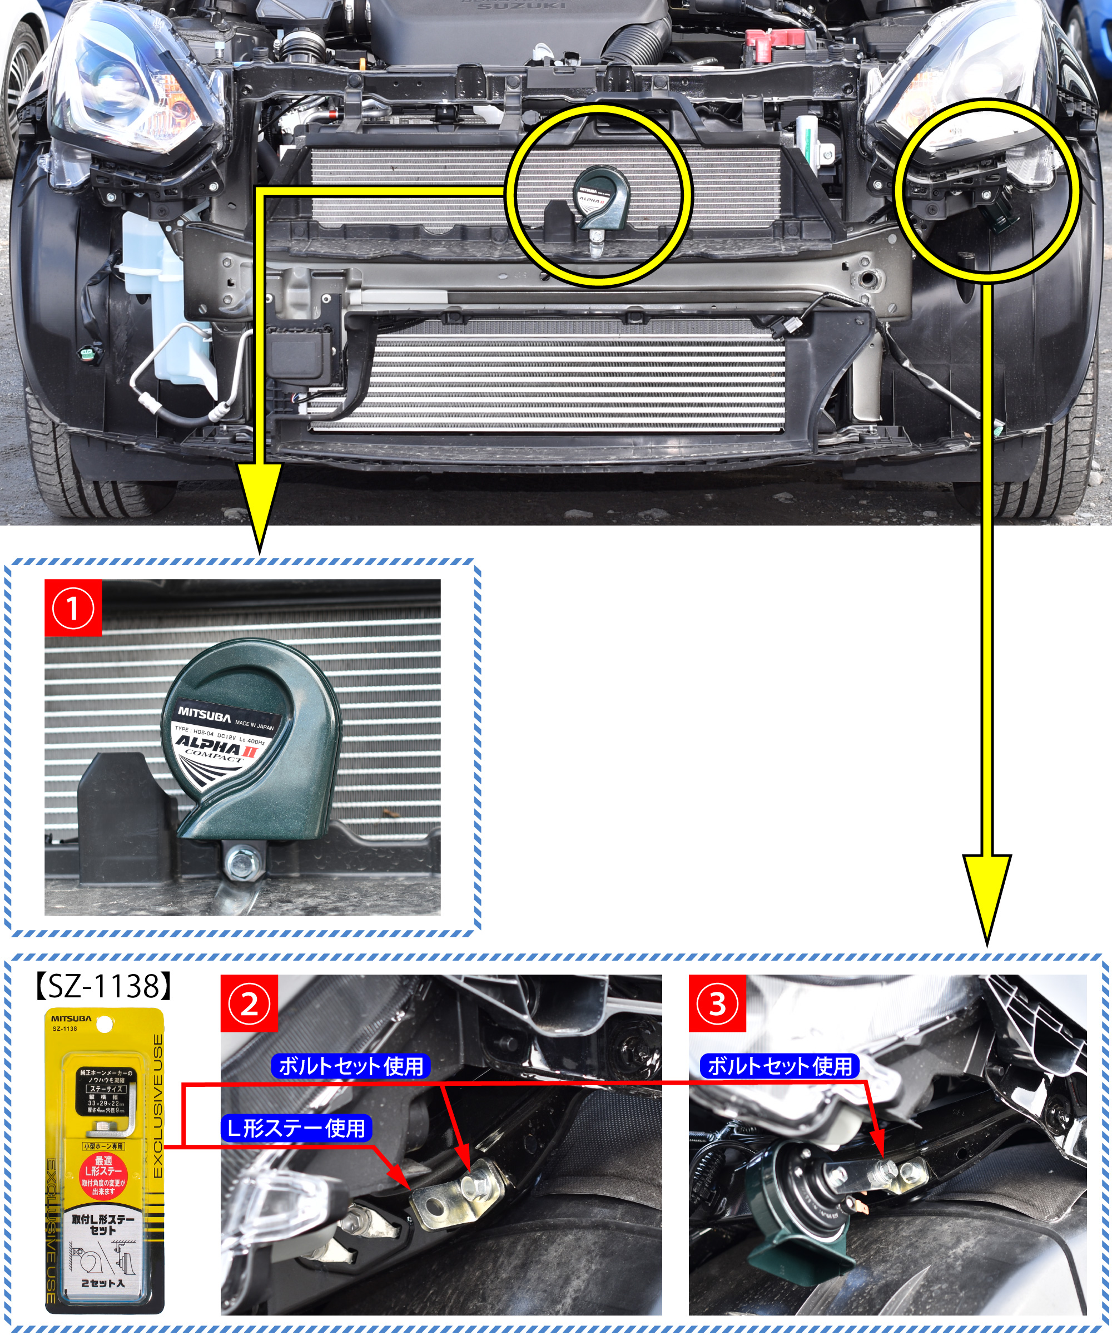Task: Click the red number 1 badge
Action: [x=73, y=608]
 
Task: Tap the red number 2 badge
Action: [x=249, y=1004]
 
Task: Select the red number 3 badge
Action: [x=717, y=1004]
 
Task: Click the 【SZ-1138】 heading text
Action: [x=102, y=986]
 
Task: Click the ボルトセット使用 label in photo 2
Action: [x=351, y=1066]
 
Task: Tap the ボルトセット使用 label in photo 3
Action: [x=780, y=1066]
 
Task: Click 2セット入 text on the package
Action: [x=103, y=1283]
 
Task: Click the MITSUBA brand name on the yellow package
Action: [x=71, y=1018]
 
